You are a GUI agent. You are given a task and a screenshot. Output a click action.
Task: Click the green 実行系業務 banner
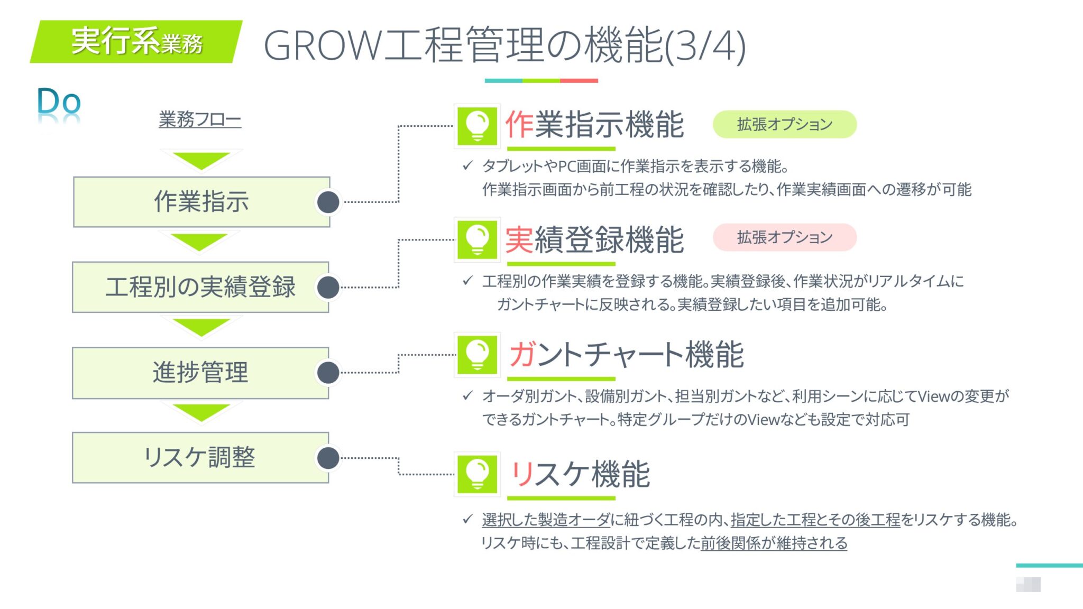coord(136,42)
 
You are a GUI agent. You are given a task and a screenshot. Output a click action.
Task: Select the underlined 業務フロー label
coord(200,119)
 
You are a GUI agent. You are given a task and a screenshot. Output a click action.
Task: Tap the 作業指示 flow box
coord(201,202)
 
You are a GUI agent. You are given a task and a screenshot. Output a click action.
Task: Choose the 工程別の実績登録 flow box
coord(200,287)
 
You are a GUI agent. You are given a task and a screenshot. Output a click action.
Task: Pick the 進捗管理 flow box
coord(200,372)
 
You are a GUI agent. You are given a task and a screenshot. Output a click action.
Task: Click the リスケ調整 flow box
coord(200,457)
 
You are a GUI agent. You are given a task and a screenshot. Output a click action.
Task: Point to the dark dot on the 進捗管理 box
coord(328,372)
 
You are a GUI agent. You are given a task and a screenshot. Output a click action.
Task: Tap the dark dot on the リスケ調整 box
coord(328,458)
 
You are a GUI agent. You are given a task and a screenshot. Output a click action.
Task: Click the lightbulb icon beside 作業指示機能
coord(477,126)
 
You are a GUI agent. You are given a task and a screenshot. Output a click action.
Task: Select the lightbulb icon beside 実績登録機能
coord(477,240)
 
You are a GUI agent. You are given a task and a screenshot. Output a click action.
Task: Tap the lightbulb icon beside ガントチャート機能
coord(477,355)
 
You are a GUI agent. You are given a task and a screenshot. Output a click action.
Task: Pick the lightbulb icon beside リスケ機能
coord(477,474)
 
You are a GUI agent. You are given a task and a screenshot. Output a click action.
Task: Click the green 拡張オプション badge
coord(785,124)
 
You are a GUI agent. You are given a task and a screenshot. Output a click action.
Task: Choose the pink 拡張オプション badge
coord(785,237)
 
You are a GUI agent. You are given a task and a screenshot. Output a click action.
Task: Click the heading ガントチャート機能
coord(626,355)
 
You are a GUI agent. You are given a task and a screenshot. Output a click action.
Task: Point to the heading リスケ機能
coord(580,474)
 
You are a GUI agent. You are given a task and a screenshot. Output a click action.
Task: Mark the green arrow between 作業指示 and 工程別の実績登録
coord(200,242)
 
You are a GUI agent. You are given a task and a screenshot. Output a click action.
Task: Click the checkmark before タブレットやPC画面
coord(467,166)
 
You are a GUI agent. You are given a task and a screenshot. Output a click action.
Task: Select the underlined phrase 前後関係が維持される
coord(774,543)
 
